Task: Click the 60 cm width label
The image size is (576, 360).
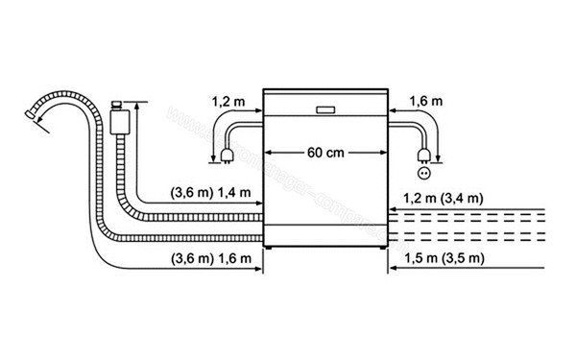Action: click(x=326, y=153)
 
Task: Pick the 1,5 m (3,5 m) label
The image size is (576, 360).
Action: click(x=444, y=260)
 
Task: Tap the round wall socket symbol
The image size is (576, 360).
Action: click(x=424, y=173)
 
